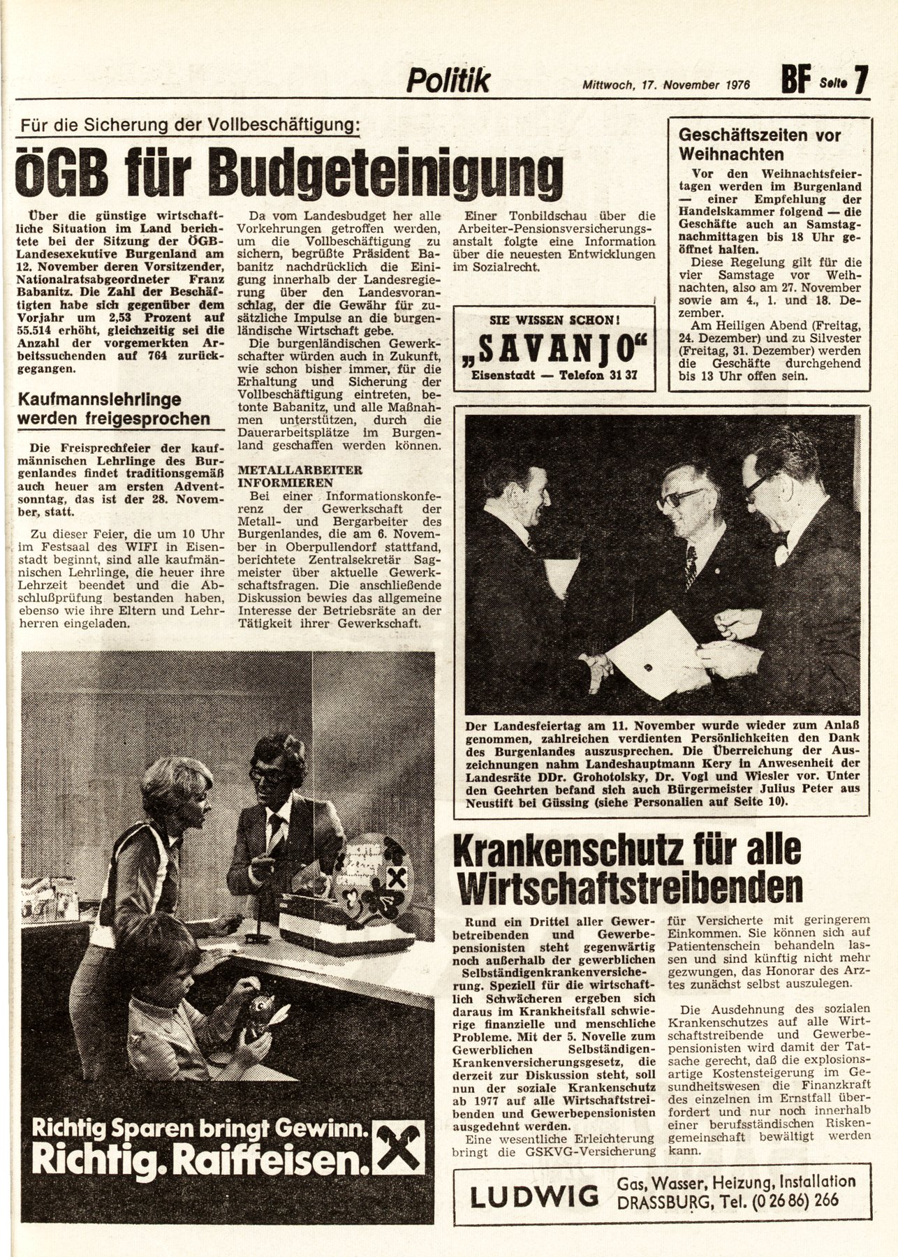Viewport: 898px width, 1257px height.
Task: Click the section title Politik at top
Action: (448, 81)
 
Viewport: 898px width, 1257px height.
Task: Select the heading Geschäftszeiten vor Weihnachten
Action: (760, 145)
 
